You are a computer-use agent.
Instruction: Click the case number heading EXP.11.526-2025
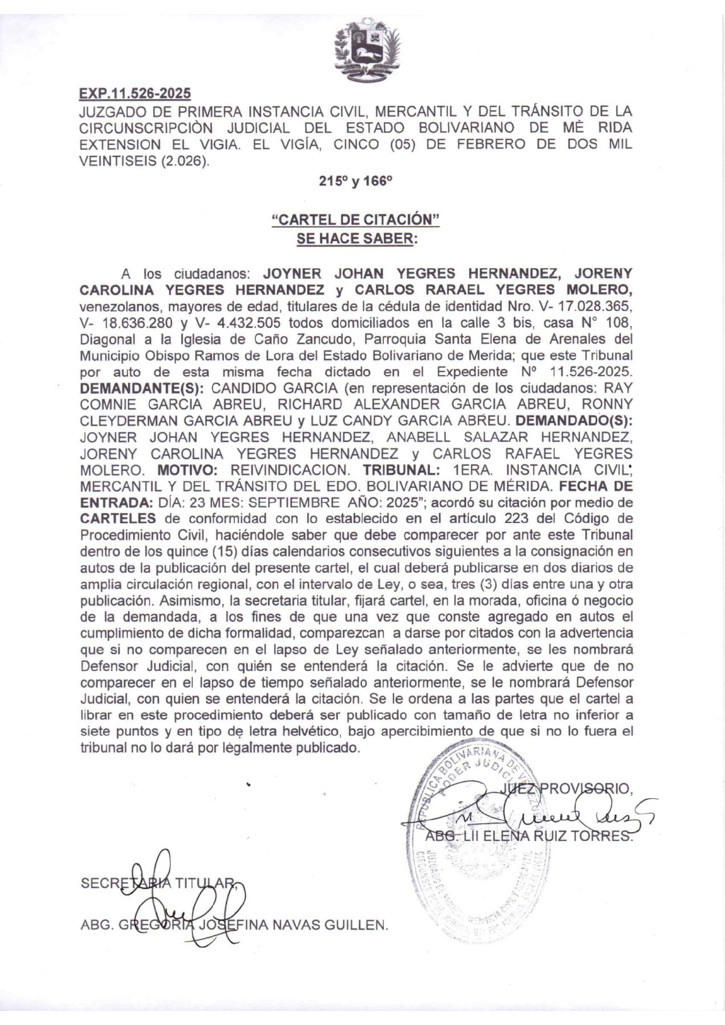135,94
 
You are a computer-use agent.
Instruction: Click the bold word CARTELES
118,519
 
